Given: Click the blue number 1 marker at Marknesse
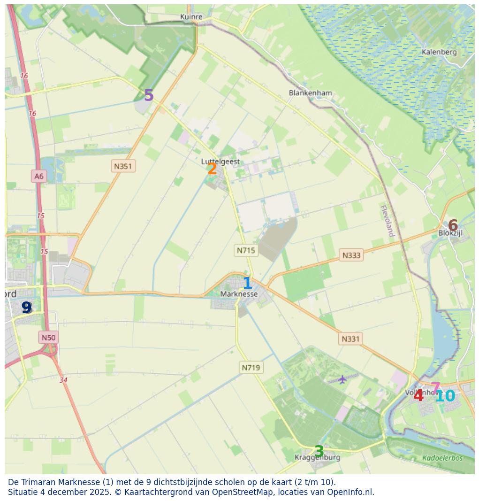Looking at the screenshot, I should click(x=247, y=284).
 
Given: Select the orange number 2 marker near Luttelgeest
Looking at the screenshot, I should click(x=212, y=169).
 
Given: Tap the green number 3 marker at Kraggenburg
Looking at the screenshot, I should click(x=319, y=452).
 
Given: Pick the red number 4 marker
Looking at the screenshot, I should click(x=418, y=396).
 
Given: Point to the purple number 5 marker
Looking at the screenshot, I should click(x=149, y=96).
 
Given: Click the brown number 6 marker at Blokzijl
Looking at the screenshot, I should click(x=453, y=226).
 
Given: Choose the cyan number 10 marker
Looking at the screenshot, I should click(x=445, y=396).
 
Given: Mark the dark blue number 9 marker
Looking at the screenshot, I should click(x=27, y=308).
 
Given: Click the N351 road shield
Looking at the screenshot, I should click(x=123, y=166).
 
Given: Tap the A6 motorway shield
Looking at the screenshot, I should click(x=38, y=176).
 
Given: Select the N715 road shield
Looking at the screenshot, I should click(x=246, y=250).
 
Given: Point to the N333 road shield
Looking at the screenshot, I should click(x=351, y=255).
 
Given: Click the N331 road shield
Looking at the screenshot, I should click(x=350, y=339).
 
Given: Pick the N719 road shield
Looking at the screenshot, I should click(x=251, y=368).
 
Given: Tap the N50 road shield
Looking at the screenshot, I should click(x=48, y=337).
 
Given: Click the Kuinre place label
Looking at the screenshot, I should click(x=191, y=17).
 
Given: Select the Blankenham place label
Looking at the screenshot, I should click(x=311, y=93).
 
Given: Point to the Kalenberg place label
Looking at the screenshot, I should click(x=439, y=52).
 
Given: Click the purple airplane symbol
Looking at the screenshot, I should click(x=342, y=379).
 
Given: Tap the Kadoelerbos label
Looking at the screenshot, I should click(x=442, y=458).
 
